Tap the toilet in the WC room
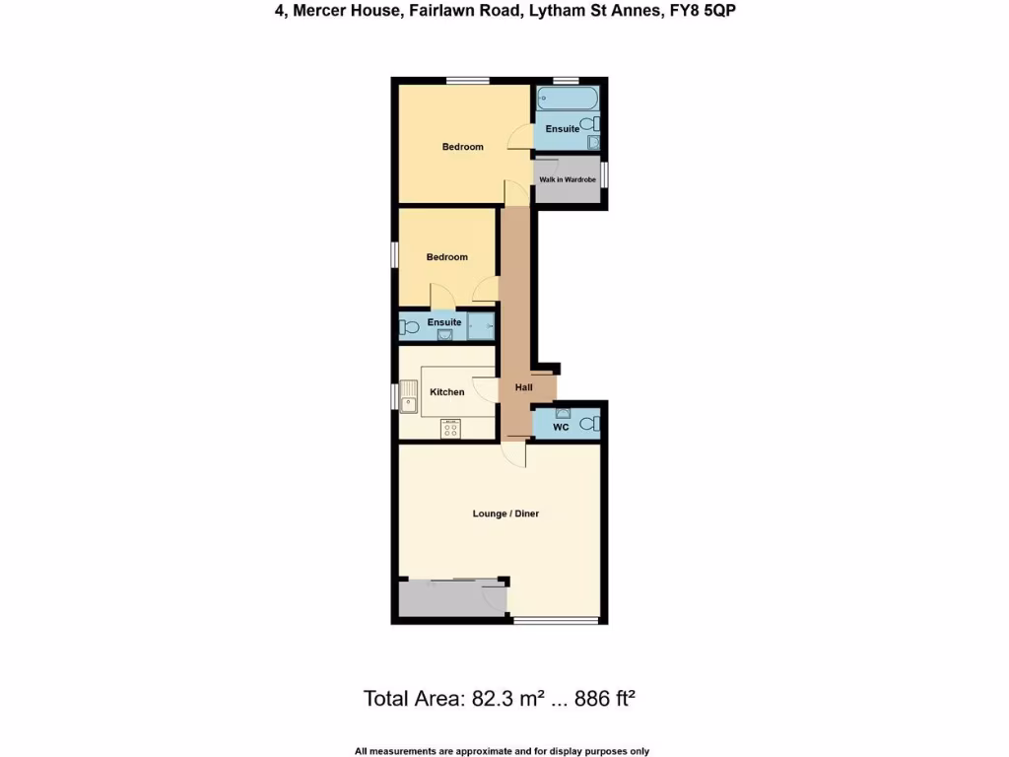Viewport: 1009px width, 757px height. pos(588,424)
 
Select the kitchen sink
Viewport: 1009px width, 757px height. pos(409,397)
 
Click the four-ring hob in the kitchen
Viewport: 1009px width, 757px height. pos(450,429)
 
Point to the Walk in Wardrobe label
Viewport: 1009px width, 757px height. pos(567,179)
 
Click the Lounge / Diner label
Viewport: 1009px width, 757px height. pos(505,514)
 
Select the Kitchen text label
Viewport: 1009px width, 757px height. pos(446,392)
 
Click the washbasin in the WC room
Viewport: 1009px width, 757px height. pos(563,413)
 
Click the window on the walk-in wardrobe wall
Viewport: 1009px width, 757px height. pos(605,174)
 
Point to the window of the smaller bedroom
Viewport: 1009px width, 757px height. pos(394,254)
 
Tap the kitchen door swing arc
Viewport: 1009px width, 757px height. pos(484,387)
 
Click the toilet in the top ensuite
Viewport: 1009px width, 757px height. pos(588,124)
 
